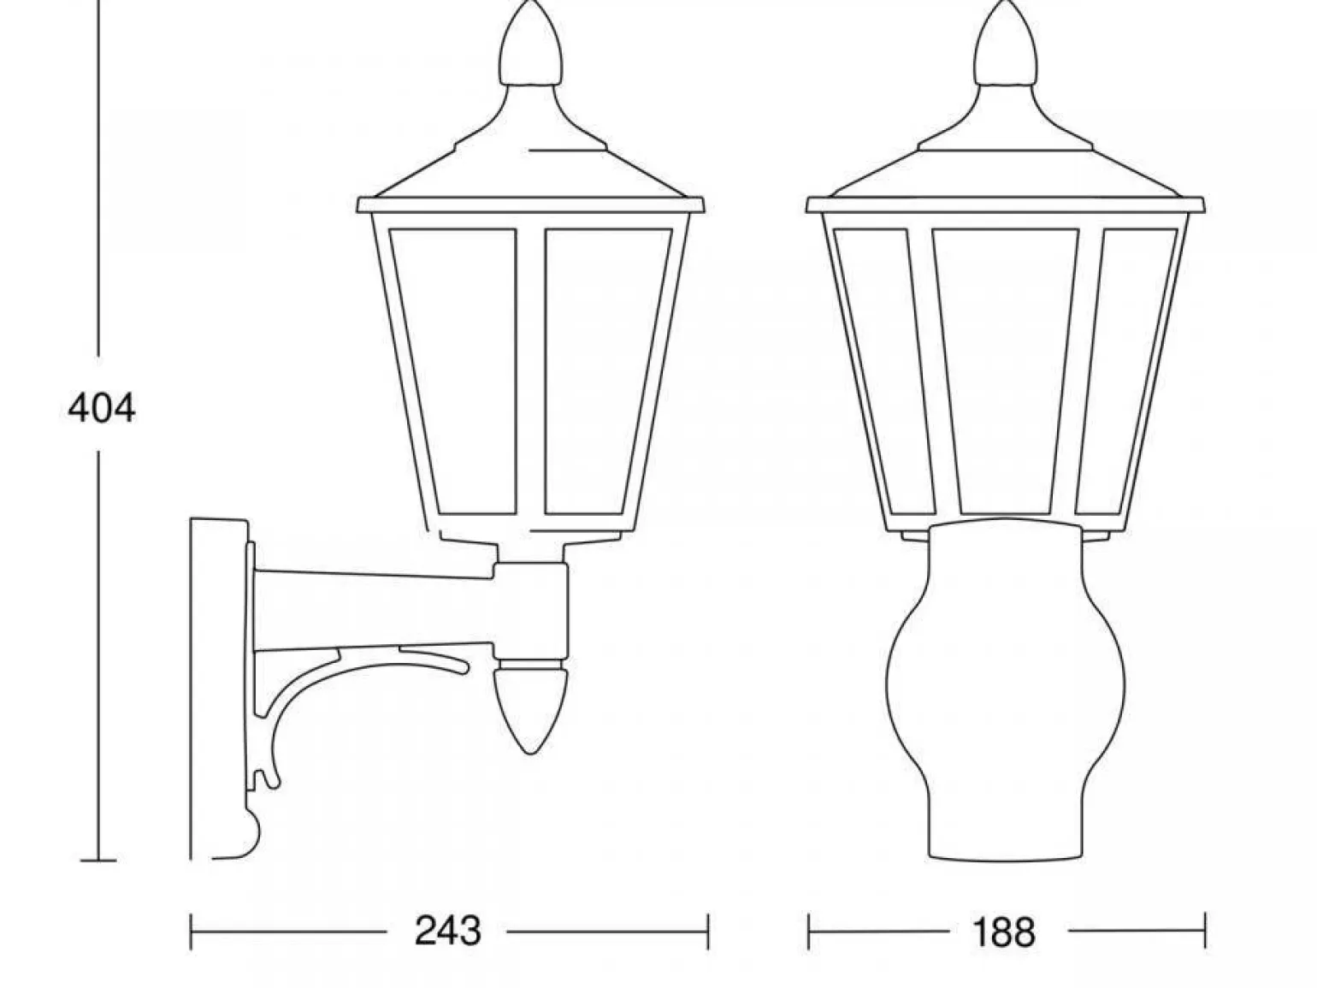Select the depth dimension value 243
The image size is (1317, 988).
pyautogui.click(x=448, y=932)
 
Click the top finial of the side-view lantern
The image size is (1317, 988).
pyautogui.click(x=531, y=45)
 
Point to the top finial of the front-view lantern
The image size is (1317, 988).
pyautogui.click(x=1006, y=45)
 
